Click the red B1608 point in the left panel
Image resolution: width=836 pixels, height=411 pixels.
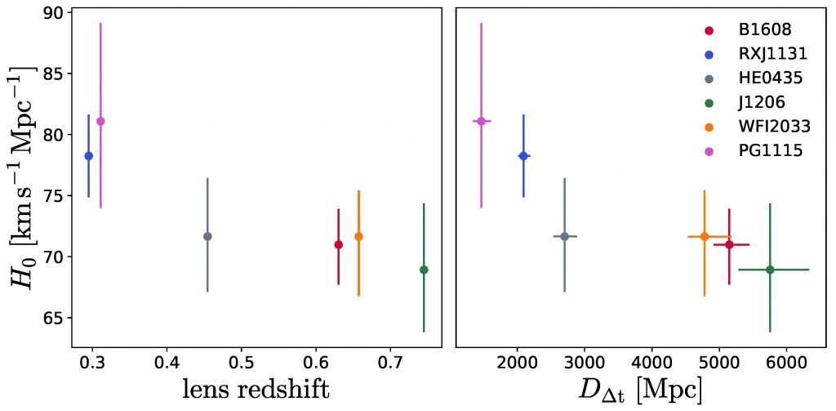click(x=339, y=244)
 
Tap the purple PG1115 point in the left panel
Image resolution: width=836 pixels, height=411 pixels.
click(x=100, y=121)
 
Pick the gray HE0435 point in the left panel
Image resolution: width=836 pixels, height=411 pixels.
click(x=207, y=236)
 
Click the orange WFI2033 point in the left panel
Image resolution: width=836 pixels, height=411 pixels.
click(x=358, y=236)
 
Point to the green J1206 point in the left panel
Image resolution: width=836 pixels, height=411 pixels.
click(x=424, y=270)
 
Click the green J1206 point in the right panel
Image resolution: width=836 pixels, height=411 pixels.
click(x=770, y=270)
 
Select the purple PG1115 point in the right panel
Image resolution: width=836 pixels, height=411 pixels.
click(x=482, y=121)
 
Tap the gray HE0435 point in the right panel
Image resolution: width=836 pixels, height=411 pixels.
click(x=564, y=236)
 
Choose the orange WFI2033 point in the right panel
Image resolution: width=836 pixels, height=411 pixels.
click(x=705, y=236)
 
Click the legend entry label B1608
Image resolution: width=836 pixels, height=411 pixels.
click(x=765, y=31)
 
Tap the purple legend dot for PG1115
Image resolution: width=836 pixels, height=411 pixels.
click(x=709, y=151)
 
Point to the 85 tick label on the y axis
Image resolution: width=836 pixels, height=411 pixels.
click(x=53, y=74)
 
